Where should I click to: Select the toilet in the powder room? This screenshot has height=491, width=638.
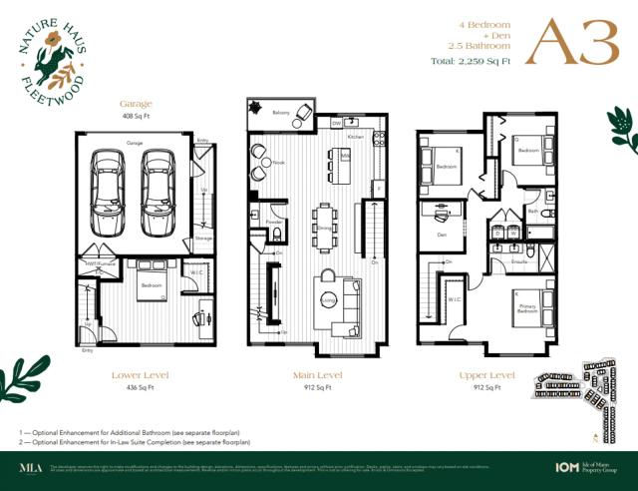[276, 236]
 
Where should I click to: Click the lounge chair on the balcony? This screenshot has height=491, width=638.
[257, 108]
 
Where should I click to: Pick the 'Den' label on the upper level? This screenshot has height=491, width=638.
[441, 236]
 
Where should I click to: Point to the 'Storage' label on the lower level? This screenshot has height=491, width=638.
[203, 239]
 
